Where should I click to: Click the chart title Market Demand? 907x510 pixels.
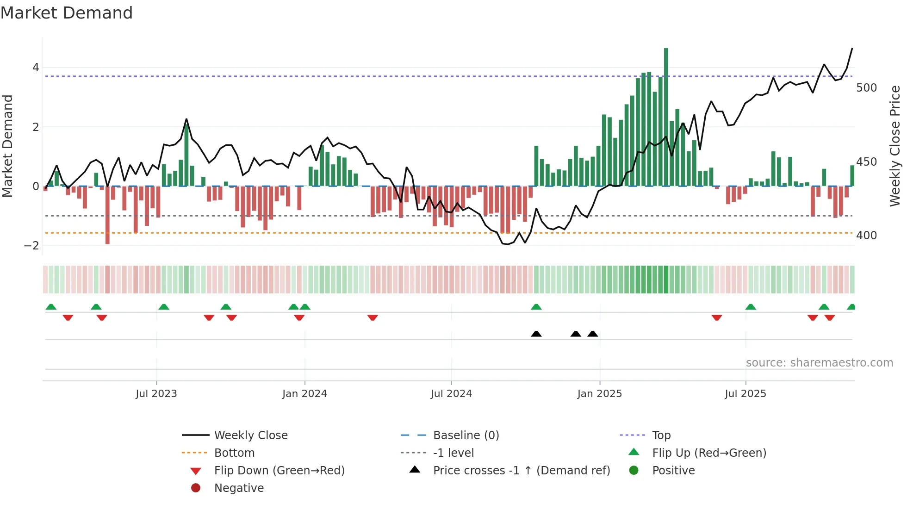pyautogui.click(x=67, y=13)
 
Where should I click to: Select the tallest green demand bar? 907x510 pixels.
pyautogui.click(x=666, y=116)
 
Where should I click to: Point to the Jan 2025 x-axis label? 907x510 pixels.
pyautogui.click(x=599, y=394)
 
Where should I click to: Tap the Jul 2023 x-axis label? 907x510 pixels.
pyautogui.click(x=156, y=394)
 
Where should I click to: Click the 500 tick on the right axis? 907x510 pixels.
pyautogui.click(x=866, y=88)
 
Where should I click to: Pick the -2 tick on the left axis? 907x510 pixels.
pyautogui.click(x=32, y=246)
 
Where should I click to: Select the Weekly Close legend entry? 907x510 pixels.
pyautogui.click(x=250, y=435)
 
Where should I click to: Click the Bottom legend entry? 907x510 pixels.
pyautogui.click(x=234, y=453)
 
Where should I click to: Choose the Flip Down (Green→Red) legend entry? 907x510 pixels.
pyautogui.click(x=279, y=471)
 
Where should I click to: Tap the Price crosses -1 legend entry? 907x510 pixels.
pyautogui.click(x=521, y=471)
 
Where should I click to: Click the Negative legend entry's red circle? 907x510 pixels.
pyautogui.click(x=196, y=488)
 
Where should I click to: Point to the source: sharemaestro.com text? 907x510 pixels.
pyautogui.click(x=819, y=363)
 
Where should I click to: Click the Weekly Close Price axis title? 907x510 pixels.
pyautogui.click(x=895, y=146)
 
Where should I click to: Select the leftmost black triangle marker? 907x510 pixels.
pyautogui.click(x=536, y=334)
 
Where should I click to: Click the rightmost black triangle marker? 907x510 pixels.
pyautogui.click(x=592, y=334)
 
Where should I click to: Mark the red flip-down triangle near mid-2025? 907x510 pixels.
pyautogui.click(x=716, y=317)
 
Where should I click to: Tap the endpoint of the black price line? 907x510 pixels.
pyautogui.click(x=852, y=49)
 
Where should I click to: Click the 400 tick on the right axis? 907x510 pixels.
pyautogui.click(x=866, y=236)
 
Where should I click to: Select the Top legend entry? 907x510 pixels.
pyautogui.click(x=661, y=435)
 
